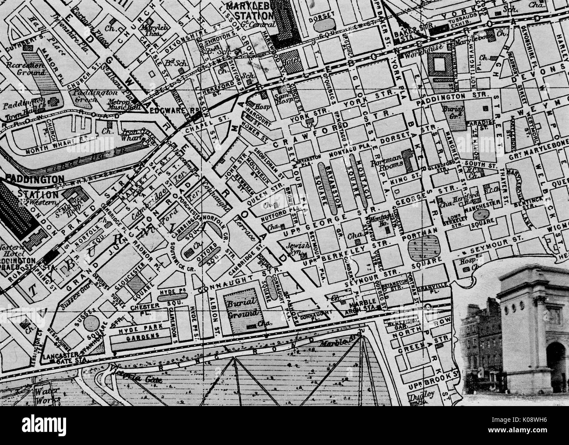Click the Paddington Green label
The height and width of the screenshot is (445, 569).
[x=90, y=95]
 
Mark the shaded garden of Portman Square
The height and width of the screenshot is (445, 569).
[x=423, y=247]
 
